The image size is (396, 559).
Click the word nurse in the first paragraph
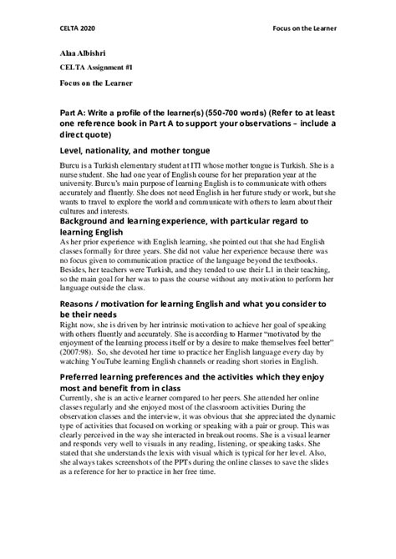73,177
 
